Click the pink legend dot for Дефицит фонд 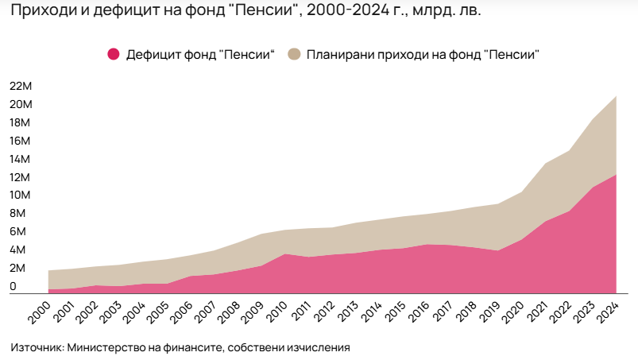(x=114, y=54)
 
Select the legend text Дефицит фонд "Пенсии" (x=200, y=54)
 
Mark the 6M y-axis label (x=20, y=231)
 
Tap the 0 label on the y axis (x=13, y=285)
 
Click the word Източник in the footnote (x=37, y=347)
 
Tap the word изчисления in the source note (x=316, y=347)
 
